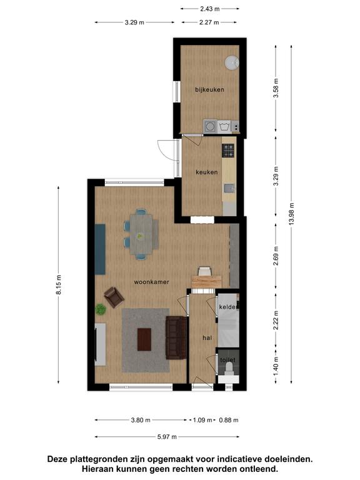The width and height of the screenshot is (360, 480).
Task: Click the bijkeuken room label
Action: click(x=209, y=90)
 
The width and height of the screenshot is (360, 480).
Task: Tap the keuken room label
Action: click(x=207, y=172)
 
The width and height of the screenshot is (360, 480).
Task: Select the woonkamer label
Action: click(x=151, y=282)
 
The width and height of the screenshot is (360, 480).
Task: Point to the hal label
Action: click(x=207, y=337)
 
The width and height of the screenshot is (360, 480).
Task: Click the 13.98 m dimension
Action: click(x=291, y=214)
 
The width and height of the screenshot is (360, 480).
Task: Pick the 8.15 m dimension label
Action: click(x=59, y=285)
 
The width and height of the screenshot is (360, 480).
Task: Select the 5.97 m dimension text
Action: click(x=167, y=437)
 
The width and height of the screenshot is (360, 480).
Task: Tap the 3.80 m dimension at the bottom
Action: click(x=141, y=420)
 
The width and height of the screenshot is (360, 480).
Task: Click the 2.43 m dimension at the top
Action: click(x=210, y=9)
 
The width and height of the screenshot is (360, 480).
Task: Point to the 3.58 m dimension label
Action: click(x=276, y=88)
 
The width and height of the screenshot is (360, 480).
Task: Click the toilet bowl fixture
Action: click(x=229, y=368)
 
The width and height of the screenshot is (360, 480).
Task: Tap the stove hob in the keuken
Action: click(x=228, y=150)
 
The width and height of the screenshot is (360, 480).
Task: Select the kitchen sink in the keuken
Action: click(x=229, y=188)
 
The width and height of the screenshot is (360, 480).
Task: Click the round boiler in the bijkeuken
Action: click(x=232, y=62)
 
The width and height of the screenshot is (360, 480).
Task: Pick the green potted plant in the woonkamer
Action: click(x=101, y=309)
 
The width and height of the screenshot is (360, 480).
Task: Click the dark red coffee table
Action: click(x=144, y=339)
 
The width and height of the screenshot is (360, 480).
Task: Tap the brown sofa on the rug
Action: click(x=176, y=337)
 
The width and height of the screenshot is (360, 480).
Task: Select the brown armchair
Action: click(x=114, y=297)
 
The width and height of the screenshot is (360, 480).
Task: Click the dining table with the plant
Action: click(x=141, y=234)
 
